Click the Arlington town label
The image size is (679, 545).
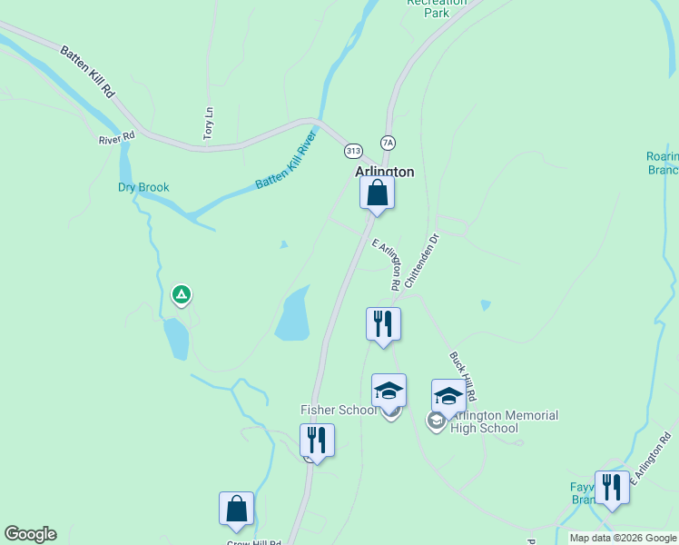[x=384, y=172]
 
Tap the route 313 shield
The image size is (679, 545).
[x=353, y=150]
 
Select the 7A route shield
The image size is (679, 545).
[x=389, y=143]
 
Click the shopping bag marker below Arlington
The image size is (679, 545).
[x=377, y=193]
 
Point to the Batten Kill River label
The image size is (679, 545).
[x=286, y=161]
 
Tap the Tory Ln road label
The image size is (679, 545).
[x=208, y=124]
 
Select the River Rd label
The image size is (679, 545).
[x=116, y=138]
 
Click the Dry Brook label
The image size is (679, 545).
[x=143, y=188]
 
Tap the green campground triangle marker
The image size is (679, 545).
[x=182, y=294]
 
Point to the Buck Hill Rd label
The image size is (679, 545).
[x=463, y=377]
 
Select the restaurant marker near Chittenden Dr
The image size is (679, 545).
[x=383, y=323]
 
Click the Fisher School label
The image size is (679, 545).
[x=338, y=410]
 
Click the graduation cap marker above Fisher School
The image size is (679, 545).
[x=389, y=390]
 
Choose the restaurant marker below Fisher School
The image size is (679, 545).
[x=317, y=440]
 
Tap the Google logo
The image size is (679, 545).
[x=30, y=534]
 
